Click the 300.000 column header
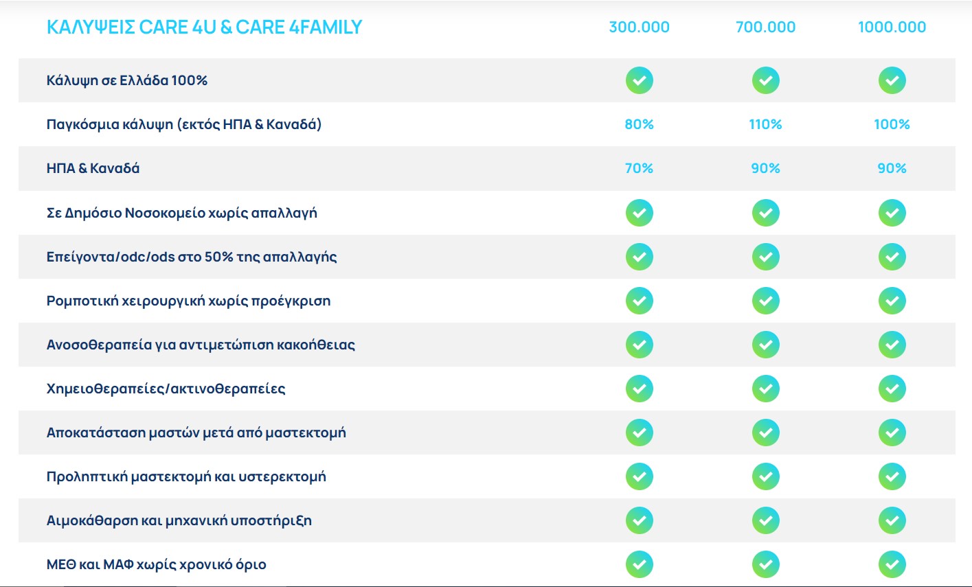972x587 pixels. (x=639, y=27)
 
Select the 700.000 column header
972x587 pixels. (x=765, y=27)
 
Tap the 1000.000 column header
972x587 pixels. (x=892, y=27)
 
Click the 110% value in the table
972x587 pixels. (x=765, y=124)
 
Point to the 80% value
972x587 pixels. (x=639, y=124)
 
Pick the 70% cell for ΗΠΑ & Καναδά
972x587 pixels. (x=639, y=168)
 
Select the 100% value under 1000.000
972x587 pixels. (x=892, y=124)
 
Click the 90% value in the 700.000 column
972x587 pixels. (x=765, y=168)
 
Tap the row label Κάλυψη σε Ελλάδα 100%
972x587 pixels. (x=127, y=80)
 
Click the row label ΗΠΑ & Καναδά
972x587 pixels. (x=93, y=168)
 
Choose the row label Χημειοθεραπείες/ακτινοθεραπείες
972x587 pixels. (x=166, y=389)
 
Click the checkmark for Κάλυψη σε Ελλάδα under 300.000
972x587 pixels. (x=639, y=80)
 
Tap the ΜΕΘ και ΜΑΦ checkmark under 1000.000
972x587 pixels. (x=892, y=564)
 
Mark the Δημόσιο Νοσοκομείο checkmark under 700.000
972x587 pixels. (x=765, y=213)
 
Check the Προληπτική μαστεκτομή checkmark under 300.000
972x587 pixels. (x=639, y=476)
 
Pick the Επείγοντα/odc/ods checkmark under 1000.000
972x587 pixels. (x=892, y=257)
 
